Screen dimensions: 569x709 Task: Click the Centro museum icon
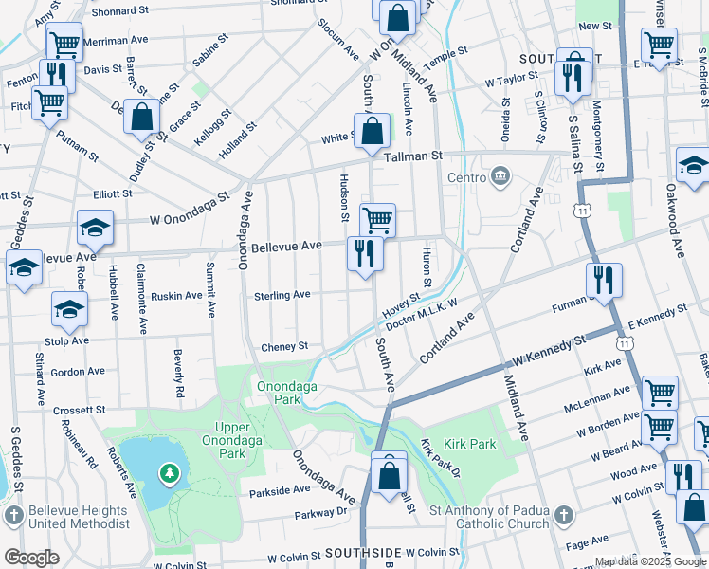[x=500, y=176]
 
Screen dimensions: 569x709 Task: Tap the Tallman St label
[x=411, y=155]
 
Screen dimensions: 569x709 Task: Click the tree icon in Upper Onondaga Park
[x=169, y=471]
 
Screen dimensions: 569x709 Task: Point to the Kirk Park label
[x=469, y=444]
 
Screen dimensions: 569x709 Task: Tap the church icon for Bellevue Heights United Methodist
[x=13, y=515]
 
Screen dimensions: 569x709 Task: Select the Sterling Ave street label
[x=282, y=295]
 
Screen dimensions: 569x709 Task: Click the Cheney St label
[x=284, y=347]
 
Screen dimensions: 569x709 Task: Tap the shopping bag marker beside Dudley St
[x=142, y=119]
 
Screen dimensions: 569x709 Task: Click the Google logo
[x=31, y=558]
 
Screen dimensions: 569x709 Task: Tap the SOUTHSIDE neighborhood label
[x=364, y=552]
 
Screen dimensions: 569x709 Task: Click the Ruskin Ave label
[x=177, y=295]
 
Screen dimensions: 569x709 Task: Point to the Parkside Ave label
[x=280, y=490]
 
